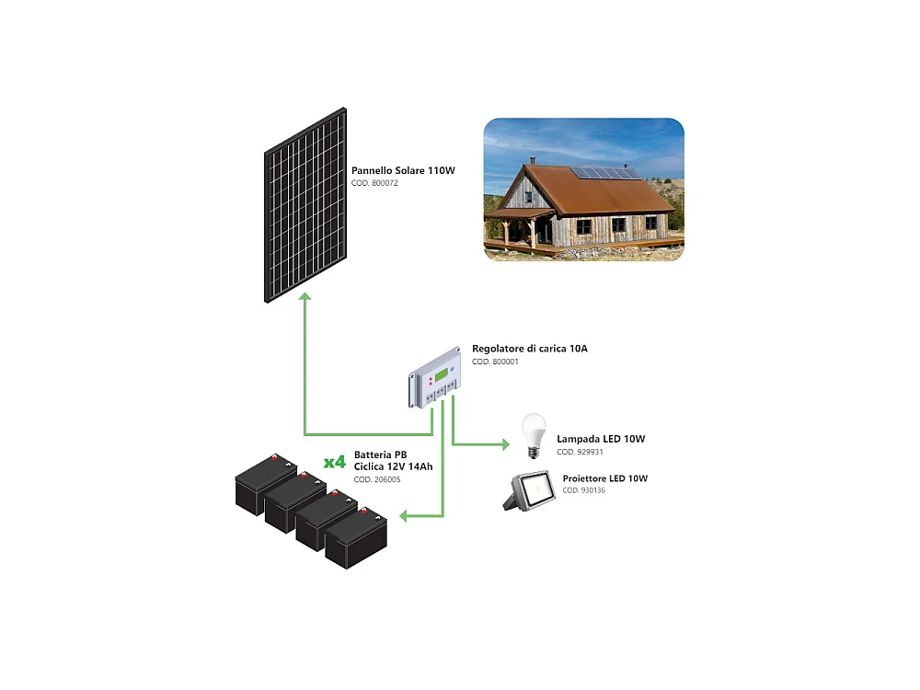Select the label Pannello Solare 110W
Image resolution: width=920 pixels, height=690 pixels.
click(403, 171)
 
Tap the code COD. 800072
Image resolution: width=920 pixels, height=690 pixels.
click(374, 183)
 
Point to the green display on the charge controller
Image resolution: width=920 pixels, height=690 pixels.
click(443, 375)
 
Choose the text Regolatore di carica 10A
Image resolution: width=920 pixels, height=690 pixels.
click(529, 350)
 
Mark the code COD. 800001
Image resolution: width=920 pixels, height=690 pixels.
click(495, 362)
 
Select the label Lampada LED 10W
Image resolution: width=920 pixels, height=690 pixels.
click(601, 440)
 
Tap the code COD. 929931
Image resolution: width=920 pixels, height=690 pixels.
click(580, 453)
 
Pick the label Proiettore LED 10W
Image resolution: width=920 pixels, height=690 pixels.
click(604, 478)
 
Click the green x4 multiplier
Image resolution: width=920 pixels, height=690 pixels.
click(335, 461)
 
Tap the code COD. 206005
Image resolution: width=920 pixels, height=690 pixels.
click(376, 479)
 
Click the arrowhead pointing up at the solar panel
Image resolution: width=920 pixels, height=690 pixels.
click(305, 297)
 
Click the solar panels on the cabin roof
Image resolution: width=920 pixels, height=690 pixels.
click(606, 172)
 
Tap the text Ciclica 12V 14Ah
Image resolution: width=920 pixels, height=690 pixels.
click(393, 466)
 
